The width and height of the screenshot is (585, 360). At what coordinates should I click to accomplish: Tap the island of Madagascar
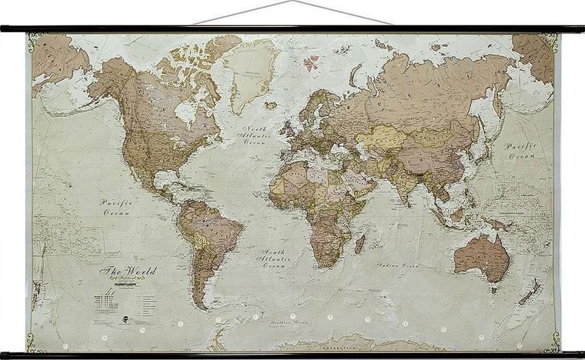359,244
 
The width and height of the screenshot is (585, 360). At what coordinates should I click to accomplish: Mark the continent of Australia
482,256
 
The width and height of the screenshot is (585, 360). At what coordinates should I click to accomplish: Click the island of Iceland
270,105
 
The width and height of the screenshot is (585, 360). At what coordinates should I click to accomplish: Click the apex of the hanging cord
292,2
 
